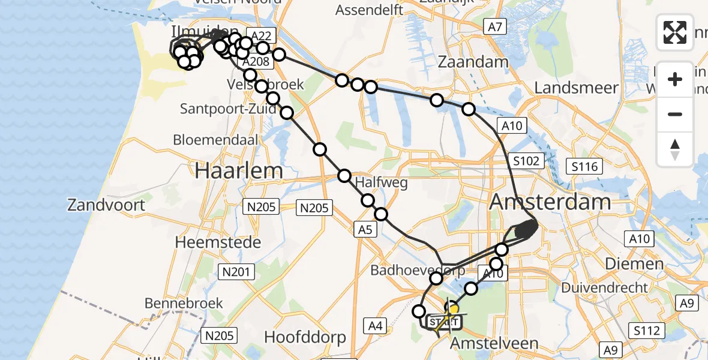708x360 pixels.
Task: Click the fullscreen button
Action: point(675,32)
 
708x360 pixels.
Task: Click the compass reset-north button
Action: point(675,149)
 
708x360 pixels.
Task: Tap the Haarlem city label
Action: point(239,170)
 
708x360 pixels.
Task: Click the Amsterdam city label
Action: point(550,202)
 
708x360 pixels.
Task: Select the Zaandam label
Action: point(473,62)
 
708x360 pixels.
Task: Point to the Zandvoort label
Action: point(106,205)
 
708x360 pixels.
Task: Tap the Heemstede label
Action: point(218,242)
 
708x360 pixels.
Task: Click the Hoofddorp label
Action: point(305,337)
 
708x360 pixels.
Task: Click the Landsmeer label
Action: point(576,88)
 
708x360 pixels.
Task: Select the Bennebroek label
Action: point(184,303)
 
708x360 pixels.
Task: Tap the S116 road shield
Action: point(584,166)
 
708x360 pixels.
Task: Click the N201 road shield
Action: point(236,272)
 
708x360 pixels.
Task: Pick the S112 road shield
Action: point(647,331)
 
